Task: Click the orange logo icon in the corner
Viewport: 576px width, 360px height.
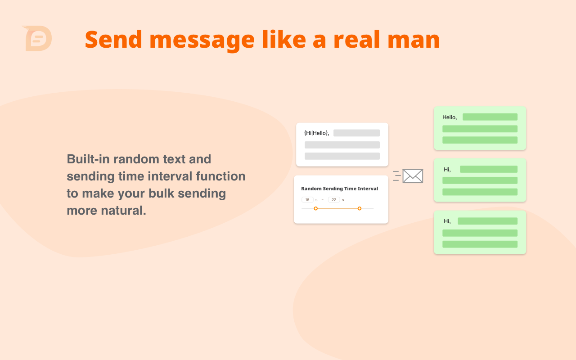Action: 37,38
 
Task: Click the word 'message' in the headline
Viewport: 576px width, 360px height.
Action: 202,40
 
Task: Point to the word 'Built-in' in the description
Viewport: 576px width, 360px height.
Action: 88,159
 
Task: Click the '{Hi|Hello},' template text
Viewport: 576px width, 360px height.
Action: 316,133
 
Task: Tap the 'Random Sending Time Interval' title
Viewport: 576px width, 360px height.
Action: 339,189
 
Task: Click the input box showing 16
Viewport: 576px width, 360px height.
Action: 307,200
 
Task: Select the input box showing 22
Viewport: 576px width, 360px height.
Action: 334,200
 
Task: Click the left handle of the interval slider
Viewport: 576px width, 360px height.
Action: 315,208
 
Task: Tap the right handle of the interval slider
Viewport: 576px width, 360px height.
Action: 359,208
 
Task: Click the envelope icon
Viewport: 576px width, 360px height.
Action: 412,176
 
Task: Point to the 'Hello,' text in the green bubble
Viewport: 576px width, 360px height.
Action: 450,117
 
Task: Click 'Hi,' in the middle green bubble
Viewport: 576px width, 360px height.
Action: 447,170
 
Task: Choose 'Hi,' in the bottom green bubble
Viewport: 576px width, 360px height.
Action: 447,221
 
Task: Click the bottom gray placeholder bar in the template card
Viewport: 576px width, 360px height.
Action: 342,156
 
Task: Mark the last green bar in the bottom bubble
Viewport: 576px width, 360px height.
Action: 480,244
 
